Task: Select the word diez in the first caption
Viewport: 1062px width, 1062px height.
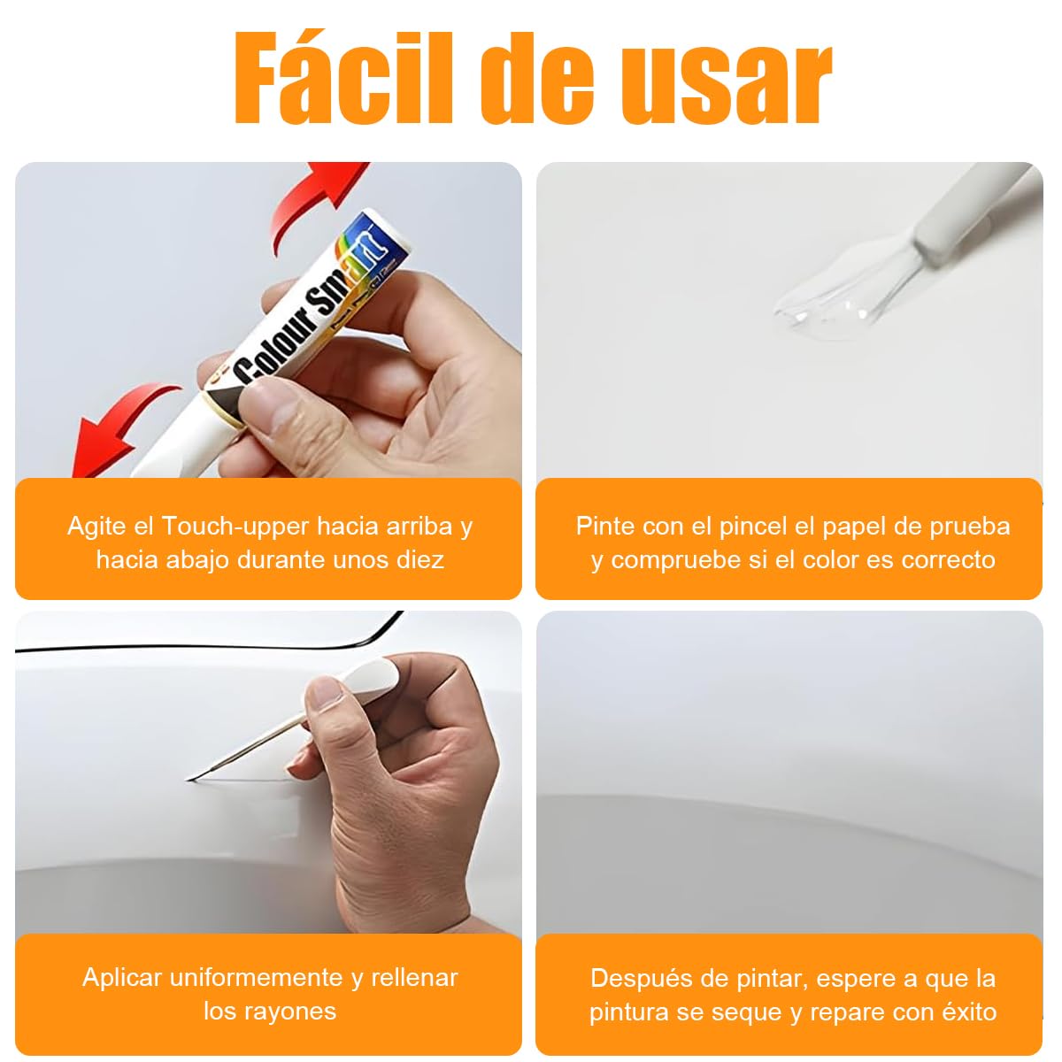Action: (x=415, y=560)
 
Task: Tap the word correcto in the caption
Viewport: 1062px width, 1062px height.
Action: (x=948, y=560)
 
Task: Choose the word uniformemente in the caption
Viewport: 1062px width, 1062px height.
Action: (x=256, y=978)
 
